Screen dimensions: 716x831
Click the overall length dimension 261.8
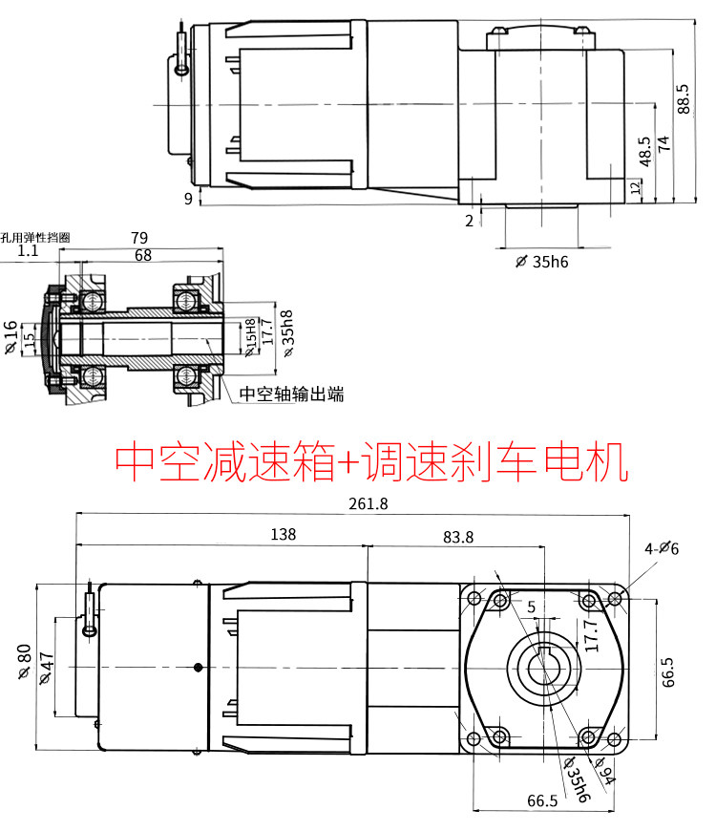pyautogui.click(x=369, y=503)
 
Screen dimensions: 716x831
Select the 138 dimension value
pyautogui.click(x=284, y=534)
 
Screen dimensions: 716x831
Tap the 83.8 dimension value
pyautogui.click(x=458, y=538)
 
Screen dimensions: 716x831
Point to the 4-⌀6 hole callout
pyautogui.click(x=662, y=548)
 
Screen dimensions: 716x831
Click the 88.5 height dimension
pyautogui.click(x=684, y=98)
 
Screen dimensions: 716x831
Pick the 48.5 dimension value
pyautogui.click(x=644, y=152)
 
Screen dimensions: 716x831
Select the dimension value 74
pyautogui.click(x=663, y=143)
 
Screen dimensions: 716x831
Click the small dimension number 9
pyautogui.click(x=188, y=199)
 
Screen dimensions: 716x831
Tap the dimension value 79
pyautogui.click(x=139, y=238)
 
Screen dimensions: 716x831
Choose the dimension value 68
pyautogui.click(x=143, y=255)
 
